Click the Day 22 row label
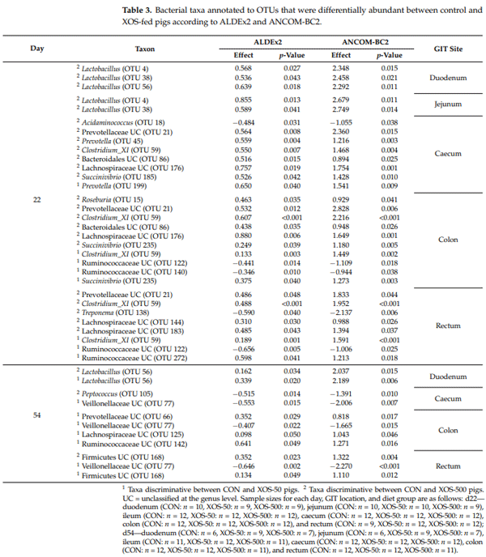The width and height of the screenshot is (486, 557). tap(37, 221)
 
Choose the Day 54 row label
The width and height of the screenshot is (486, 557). tap(37, 415)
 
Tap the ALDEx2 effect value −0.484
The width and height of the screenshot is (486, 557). tap(234, 121)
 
